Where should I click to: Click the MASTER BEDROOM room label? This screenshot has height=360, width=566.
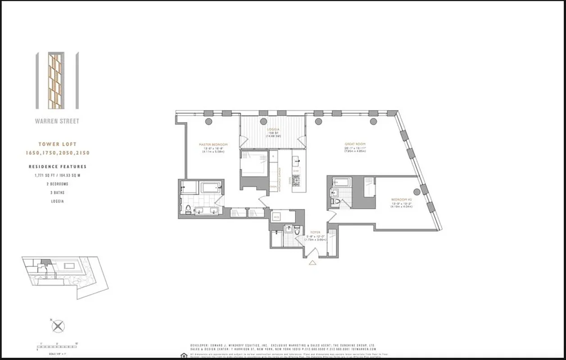point(213,144)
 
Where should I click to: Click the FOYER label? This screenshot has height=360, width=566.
point(315,232)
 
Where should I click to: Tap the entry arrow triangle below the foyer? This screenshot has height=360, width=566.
point(312,262)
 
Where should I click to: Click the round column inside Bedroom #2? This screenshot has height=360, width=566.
point(417,192)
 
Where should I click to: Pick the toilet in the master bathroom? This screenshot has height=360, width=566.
point(187,209)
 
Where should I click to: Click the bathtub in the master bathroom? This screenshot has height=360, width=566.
point(210,188)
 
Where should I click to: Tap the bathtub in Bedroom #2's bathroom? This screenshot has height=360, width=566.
point(341,182)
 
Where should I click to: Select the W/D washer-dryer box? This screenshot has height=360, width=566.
point(277,217)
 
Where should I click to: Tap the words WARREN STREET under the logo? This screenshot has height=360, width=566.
point(57,121)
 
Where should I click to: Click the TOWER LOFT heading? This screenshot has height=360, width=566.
point(57,144)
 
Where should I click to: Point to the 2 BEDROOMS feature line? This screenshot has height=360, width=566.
point(57,184)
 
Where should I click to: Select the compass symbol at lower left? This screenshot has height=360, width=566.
point(58,326)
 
